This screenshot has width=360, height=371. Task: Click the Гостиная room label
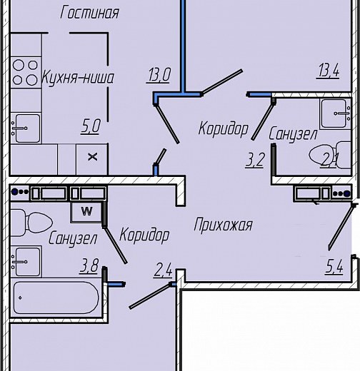click(89, 13)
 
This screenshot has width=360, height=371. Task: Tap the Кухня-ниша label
click(78, 78)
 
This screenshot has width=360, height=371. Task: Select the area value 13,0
click(159, 74)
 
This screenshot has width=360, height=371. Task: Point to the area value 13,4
click(328, 71)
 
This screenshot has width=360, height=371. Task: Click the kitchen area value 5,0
click(91, 126)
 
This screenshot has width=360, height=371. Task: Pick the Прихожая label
click(223, 225)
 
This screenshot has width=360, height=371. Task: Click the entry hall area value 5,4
click(334, 266)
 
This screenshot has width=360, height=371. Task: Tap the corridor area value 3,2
click(255, 160)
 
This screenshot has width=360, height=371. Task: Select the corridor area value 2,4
click(163, 270)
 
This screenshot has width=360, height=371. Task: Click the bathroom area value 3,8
click(89, 265)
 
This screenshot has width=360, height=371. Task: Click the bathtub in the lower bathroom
click(56, 298)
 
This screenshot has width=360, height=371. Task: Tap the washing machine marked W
click(86, 212)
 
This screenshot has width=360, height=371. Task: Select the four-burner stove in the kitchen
click(26, 72)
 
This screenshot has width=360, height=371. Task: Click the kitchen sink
click(26, 128)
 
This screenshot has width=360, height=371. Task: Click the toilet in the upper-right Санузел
click(330, 156)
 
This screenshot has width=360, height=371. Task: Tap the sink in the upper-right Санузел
click(336, 113)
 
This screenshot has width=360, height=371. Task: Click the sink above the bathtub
click(26, 262)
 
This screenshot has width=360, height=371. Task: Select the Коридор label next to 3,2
click(224, 129)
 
